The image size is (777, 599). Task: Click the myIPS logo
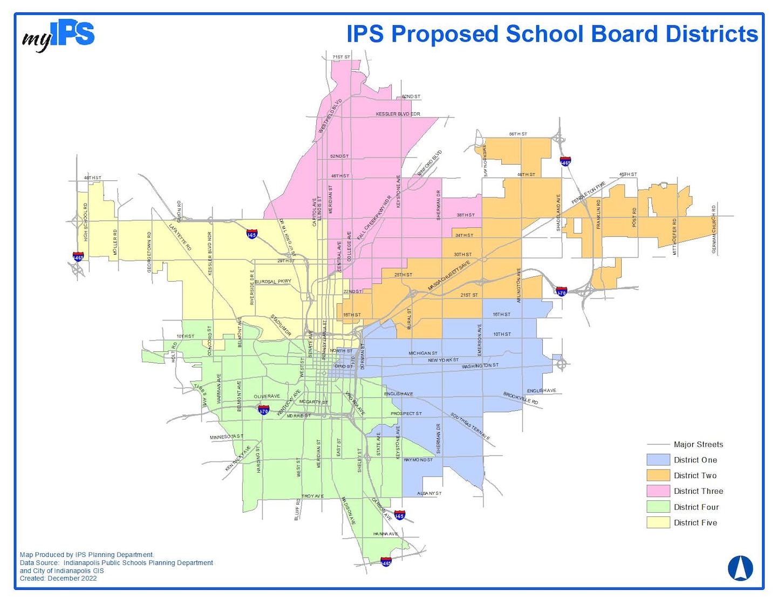click(58, 36)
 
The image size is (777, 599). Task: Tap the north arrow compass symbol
click(740, 568)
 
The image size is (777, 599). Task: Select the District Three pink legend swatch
click(658, 491)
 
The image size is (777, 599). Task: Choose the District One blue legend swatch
click(658, 460)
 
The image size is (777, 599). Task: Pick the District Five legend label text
click(696, 522)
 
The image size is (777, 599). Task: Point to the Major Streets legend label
click(698, 444)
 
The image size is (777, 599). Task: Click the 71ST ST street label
click(341, 57)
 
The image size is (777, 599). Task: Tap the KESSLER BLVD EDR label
click(398, 114)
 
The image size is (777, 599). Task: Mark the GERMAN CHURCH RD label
click(714, 229)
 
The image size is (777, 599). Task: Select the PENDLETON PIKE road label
click(589, 193)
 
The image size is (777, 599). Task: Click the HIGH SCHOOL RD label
click(85, 222)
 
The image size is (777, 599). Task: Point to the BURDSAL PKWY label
click(273, 281)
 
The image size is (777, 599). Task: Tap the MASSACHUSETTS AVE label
click(449, 276)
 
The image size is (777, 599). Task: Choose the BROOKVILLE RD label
click(521, 398)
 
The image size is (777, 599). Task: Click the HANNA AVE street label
click(385, 534)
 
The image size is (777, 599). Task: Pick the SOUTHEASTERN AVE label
click(470, 426)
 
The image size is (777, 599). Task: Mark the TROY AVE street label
click(312, 496)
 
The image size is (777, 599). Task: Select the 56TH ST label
click(518, 134)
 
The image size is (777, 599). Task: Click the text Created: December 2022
click(58, 578)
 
